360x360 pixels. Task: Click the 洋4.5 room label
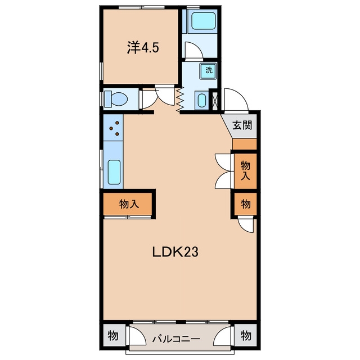pyautogui.click(x=143, y=48)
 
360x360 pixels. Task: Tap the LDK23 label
pyautogui.click(x=175, y=252)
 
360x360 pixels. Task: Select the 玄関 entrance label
pyautogui.click(x=242, y=125)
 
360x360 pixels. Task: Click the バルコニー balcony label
pyautogui.click(x=176, y=339)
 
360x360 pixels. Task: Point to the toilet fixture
pyautogui.click(x=115, y=99)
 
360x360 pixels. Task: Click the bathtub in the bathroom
pyautogui.click(x=204, y=21)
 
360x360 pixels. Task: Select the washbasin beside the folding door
pyautogui.click(x=201, y=100)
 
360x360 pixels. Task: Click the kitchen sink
pyautogui.click(x=114, y=172)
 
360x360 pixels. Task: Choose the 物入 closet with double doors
pyautogui.click(x=245, y=171)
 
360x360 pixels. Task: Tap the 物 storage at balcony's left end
pyautogui.click(x=113, y=336)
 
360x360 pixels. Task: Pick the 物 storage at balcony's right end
pyautogui.click(x=246, y=336)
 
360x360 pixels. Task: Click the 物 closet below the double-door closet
pyautogui.click(x=245, y=204)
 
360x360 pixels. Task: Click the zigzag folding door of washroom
pyautogui.click(x=180, y=100)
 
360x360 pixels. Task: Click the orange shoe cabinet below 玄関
pyautogui.click(x=245, y=144)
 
